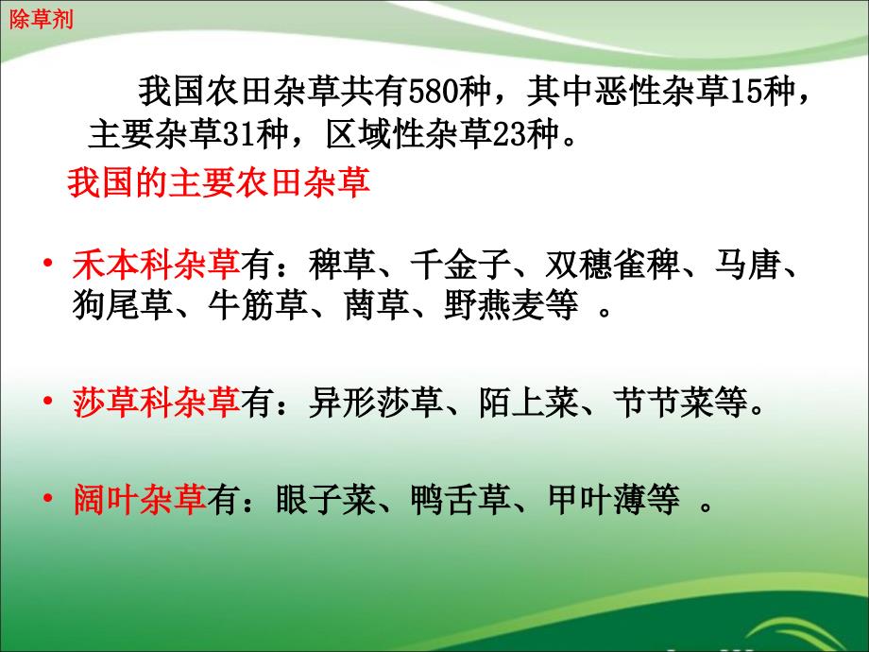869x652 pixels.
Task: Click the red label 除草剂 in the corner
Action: pyautogui.click(x=41, y=20)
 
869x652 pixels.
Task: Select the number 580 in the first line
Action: pyautogui.click(x=433, y=92)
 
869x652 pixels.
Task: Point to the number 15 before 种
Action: pyautogui.click(x=745, y=92)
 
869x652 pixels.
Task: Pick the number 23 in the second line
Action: pyautogui.click(x=509, y=134)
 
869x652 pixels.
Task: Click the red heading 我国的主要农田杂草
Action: pyautogui.click(x=218, y=182)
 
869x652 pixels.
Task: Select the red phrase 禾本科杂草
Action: pyautogui.click(x=156, y=264)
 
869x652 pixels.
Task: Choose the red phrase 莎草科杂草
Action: pyautogui.click(x=156, y=403)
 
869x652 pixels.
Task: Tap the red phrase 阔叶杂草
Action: pyautogui.click(x=140, y=499)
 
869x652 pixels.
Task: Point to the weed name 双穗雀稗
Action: pyautogui.click(x=611, y=264)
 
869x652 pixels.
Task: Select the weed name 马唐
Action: pyautogui.click(x=748, y=264)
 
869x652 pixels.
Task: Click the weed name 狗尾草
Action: pyautogui.click(x=122, y=304)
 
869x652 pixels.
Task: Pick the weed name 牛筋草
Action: pyautogui.click(x=258, y=304)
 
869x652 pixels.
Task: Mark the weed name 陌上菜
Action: pyautogui.click(x=528, y=403)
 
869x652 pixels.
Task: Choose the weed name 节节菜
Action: pyautogui.click(x=664, y=403)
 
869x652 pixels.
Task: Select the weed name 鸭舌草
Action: pyautogui.click(x=461, y=499)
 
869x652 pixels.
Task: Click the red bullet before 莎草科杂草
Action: pyautogui.click(x=48, y=401)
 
